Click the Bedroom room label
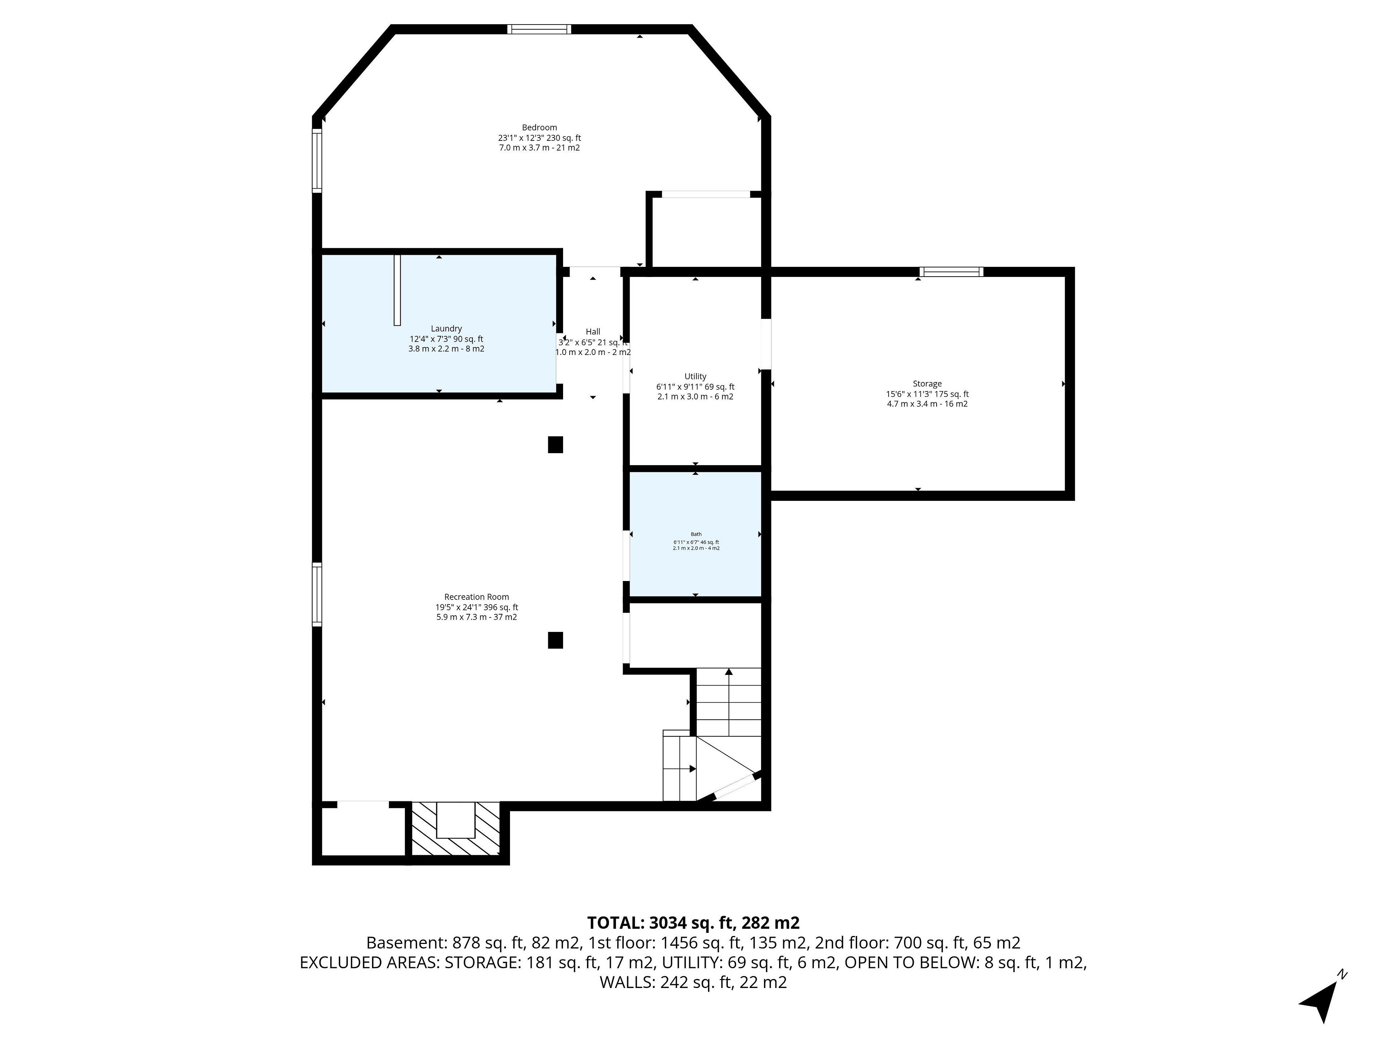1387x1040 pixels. tap(539, 127)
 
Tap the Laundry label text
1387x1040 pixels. tap(446, 329)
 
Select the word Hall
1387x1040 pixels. tap(593, 331)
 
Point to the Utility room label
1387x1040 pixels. tap(695, 377)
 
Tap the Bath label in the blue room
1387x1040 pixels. tap(696, 534)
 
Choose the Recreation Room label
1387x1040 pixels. tap(476, 597)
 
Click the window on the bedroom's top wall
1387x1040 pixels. tap(539, 29)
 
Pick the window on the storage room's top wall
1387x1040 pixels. tap(951, 272)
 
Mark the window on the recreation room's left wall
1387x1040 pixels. tap(317, 594)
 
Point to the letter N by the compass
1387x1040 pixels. tap(1342, 974)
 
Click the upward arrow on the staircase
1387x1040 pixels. tap(729, 702)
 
